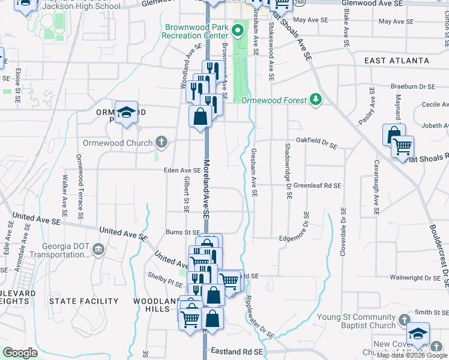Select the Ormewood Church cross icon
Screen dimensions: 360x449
click(160, 143)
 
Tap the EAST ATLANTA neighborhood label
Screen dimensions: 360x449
click(397, 61)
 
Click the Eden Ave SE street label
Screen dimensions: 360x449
click(182, 170)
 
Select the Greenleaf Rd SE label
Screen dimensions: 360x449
click(317, 186)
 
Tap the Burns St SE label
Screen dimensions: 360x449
click(183, 232)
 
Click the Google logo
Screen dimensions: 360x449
click(20, 353)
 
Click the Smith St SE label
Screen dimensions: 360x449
click(431, 312)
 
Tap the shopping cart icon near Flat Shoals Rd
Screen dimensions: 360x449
click(403, 146)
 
